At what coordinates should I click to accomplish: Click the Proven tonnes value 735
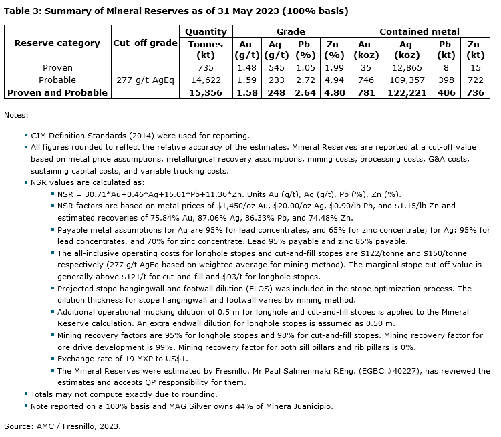(x=206, y=68)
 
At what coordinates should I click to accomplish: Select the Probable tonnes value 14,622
(x=206, y=80)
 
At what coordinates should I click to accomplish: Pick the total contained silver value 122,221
(x=405, y=92)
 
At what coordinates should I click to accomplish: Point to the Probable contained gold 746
(x=364, y=80)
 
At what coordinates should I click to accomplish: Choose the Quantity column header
(x=206, y=31)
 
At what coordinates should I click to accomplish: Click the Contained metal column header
(x=419, y=31)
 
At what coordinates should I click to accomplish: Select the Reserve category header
(x=57, y=43)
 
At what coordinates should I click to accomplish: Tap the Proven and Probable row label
(x=57, y=92)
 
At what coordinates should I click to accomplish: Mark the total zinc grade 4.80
(x=333, y=92)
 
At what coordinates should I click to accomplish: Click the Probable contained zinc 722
(x=474, y=80)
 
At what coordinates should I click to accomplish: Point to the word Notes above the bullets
(x=16, y=115)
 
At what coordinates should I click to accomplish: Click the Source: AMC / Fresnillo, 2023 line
(x=62, y=425)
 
